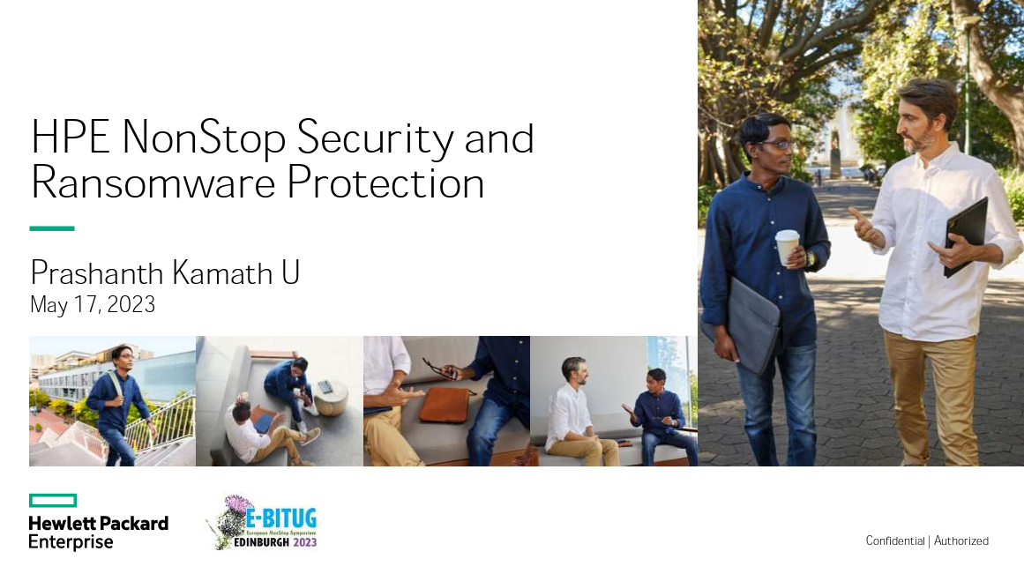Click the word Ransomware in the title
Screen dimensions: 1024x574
click(x=153, y=183)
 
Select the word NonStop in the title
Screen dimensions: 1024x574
click(x=204, y=138)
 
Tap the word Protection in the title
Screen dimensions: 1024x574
click(x=385, y=183)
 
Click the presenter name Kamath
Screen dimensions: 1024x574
click(x=222, y=273)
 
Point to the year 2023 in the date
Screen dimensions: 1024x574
click(x=131, y=304)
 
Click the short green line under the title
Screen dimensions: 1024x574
click(x=52, y=227)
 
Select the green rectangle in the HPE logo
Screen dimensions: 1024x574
click(x=53, y=500)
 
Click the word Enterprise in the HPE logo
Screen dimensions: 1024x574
click(x=71, y=542)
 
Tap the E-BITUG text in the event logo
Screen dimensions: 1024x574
click(x=281, y=519)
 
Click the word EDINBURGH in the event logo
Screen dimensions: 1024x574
click(x=261, y=542)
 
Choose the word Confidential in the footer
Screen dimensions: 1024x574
click(x=895, y=540)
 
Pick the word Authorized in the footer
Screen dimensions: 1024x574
click(x=961, y=540)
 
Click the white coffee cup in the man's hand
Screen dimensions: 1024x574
click(x=788, y=246)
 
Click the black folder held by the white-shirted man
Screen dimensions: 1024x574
click(x=967, y=237)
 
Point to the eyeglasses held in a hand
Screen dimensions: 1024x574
click(x=438, y=369)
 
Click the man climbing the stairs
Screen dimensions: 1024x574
click(x=119, y=405)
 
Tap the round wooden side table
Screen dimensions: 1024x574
click(x=331, y=397)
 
